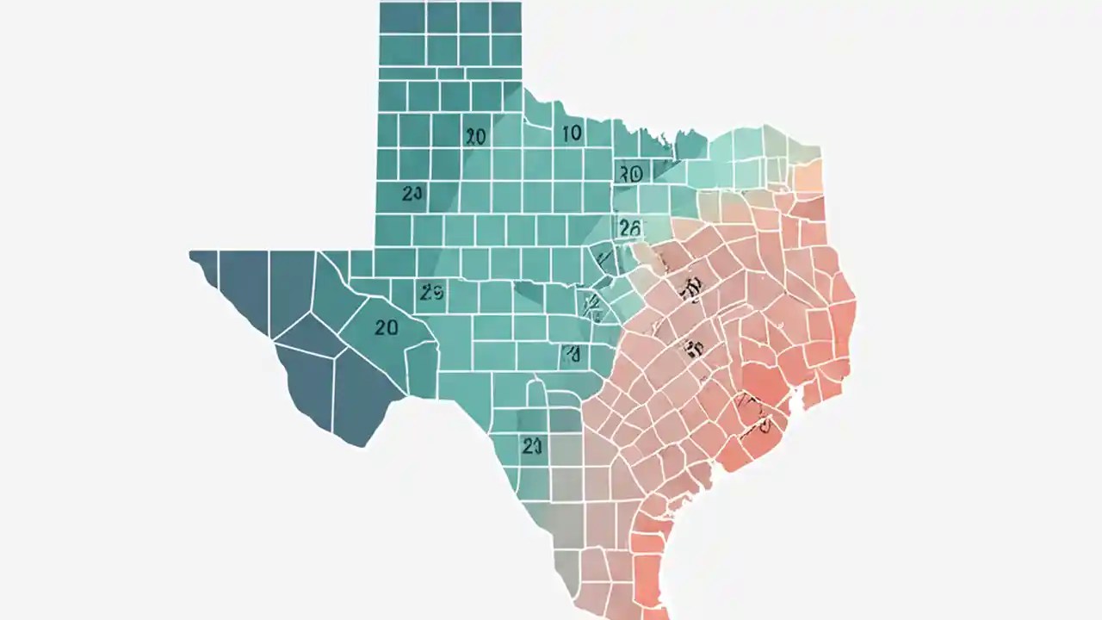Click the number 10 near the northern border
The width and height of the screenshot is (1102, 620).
572,133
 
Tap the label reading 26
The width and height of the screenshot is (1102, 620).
629,227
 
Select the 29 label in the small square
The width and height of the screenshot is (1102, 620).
431,293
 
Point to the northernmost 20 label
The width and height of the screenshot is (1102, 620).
475,136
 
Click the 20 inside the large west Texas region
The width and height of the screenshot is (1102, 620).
387,327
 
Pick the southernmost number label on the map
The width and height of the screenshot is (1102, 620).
531,445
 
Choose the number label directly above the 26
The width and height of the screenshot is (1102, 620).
630,174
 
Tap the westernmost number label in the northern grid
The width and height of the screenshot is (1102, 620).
412,194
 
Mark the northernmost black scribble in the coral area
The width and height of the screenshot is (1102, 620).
689,290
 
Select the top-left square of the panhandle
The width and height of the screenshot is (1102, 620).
402,17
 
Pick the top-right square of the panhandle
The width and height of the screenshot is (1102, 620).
505,17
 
